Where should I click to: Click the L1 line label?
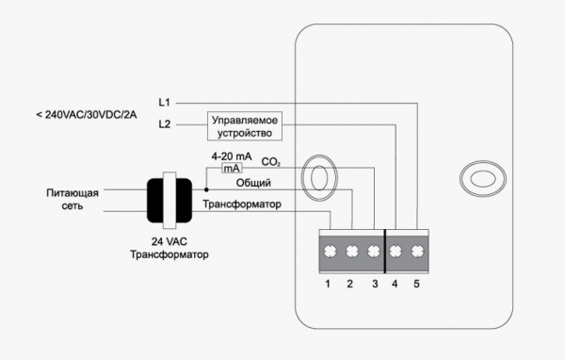click(164, 103)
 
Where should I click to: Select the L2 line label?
click(164, 124)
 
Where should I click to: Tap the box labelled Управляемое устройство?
click(245, 126)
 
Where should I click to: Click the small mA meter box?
click(232, 168)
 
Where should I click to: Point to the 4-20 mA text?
click(232, 156)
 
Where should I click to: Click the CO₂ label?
click(270, 162)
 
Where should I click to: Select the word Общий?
click(253, 183)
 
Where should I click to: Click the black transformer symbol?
click(169, 201)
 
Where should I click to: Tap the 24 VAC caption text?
click(169, 241)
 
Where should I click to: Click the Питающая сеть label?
click(73, 199)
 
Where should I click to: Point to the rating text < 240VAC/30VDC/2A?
click(87, 115)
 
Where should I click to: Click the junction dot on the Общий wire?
click(206, 189)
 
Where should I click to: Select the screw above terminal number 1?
click(331, 251)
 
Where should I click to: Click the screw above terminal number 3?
click(374, 251)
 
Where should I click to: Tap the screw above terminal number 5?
click(417, 251)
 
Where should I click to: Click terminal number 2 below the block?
click(350, 284)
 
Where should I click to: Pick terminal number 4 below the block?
click(395, 284)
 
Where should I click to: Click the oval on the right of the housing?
click(483, 179)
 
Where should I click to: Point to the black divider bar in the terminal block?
click(385, 251)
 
